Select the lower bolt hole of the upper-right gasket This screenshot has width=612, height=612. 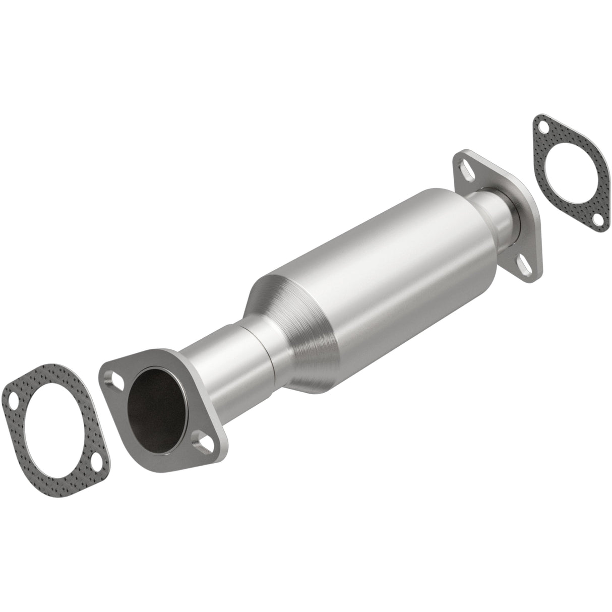(596, 219)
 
